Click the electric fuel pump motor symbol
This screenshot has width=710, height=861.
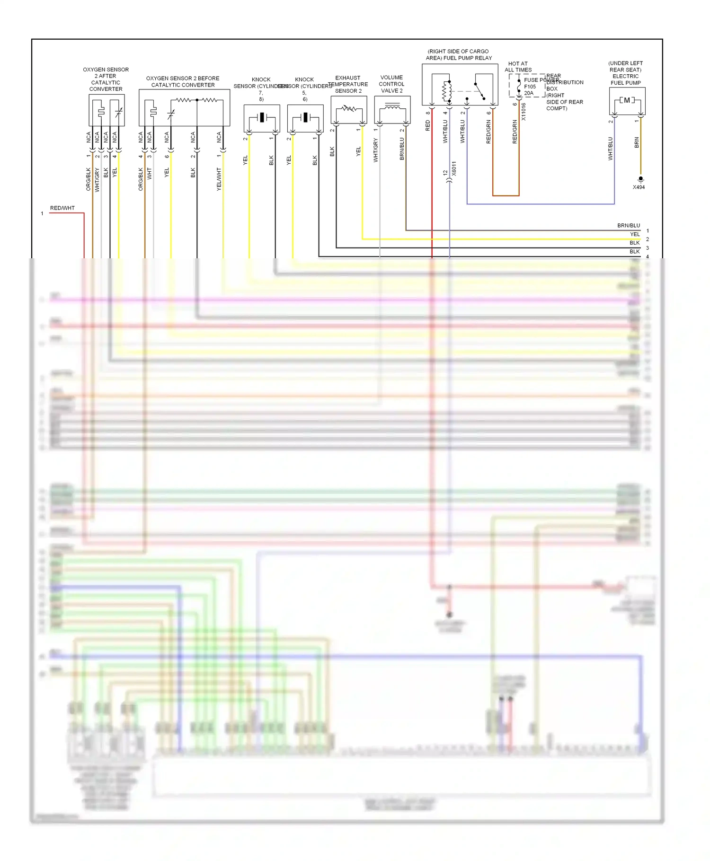[627, 100]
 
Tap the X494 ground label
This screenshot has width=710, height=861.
[639, 187]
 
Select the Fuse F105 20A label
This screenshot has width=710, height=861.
[530, 87]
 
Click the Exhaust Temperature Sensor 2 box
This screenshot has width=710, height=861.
[349, 110]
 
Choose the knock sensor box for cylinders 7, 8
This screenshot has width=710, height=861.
[262, 118]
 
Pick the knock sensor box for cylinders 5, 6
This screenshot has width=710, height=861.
[305, 118]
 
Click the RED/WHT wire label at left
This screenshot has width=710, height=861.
[62, 208]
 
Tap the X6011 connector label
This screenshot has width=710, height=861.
[454, 168]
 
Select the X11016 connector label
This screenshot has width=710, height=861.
[523, 112]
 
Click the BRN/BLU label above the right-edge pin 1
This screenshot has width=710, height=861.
[628, 226]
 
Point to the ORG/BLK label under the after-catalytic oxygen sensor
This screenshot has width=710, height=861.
[89, 179]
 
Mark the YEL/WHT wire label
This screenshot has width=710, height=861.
[219, 179]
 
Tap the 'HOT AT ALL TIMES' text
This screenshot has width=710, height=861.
[518, 67]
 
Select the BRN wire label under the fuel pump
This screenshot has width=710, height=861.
[637, 143]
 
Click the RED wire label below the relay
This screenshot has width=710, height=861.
[428, 125]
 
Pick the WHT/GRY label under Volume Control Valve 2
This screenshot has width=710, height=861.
[376, 150]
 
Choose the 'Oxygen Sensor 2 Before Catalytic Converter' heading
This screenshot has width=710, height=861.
[183, 82]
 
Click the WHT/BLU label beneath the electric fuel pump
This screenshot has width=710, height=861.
[611, 149]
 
